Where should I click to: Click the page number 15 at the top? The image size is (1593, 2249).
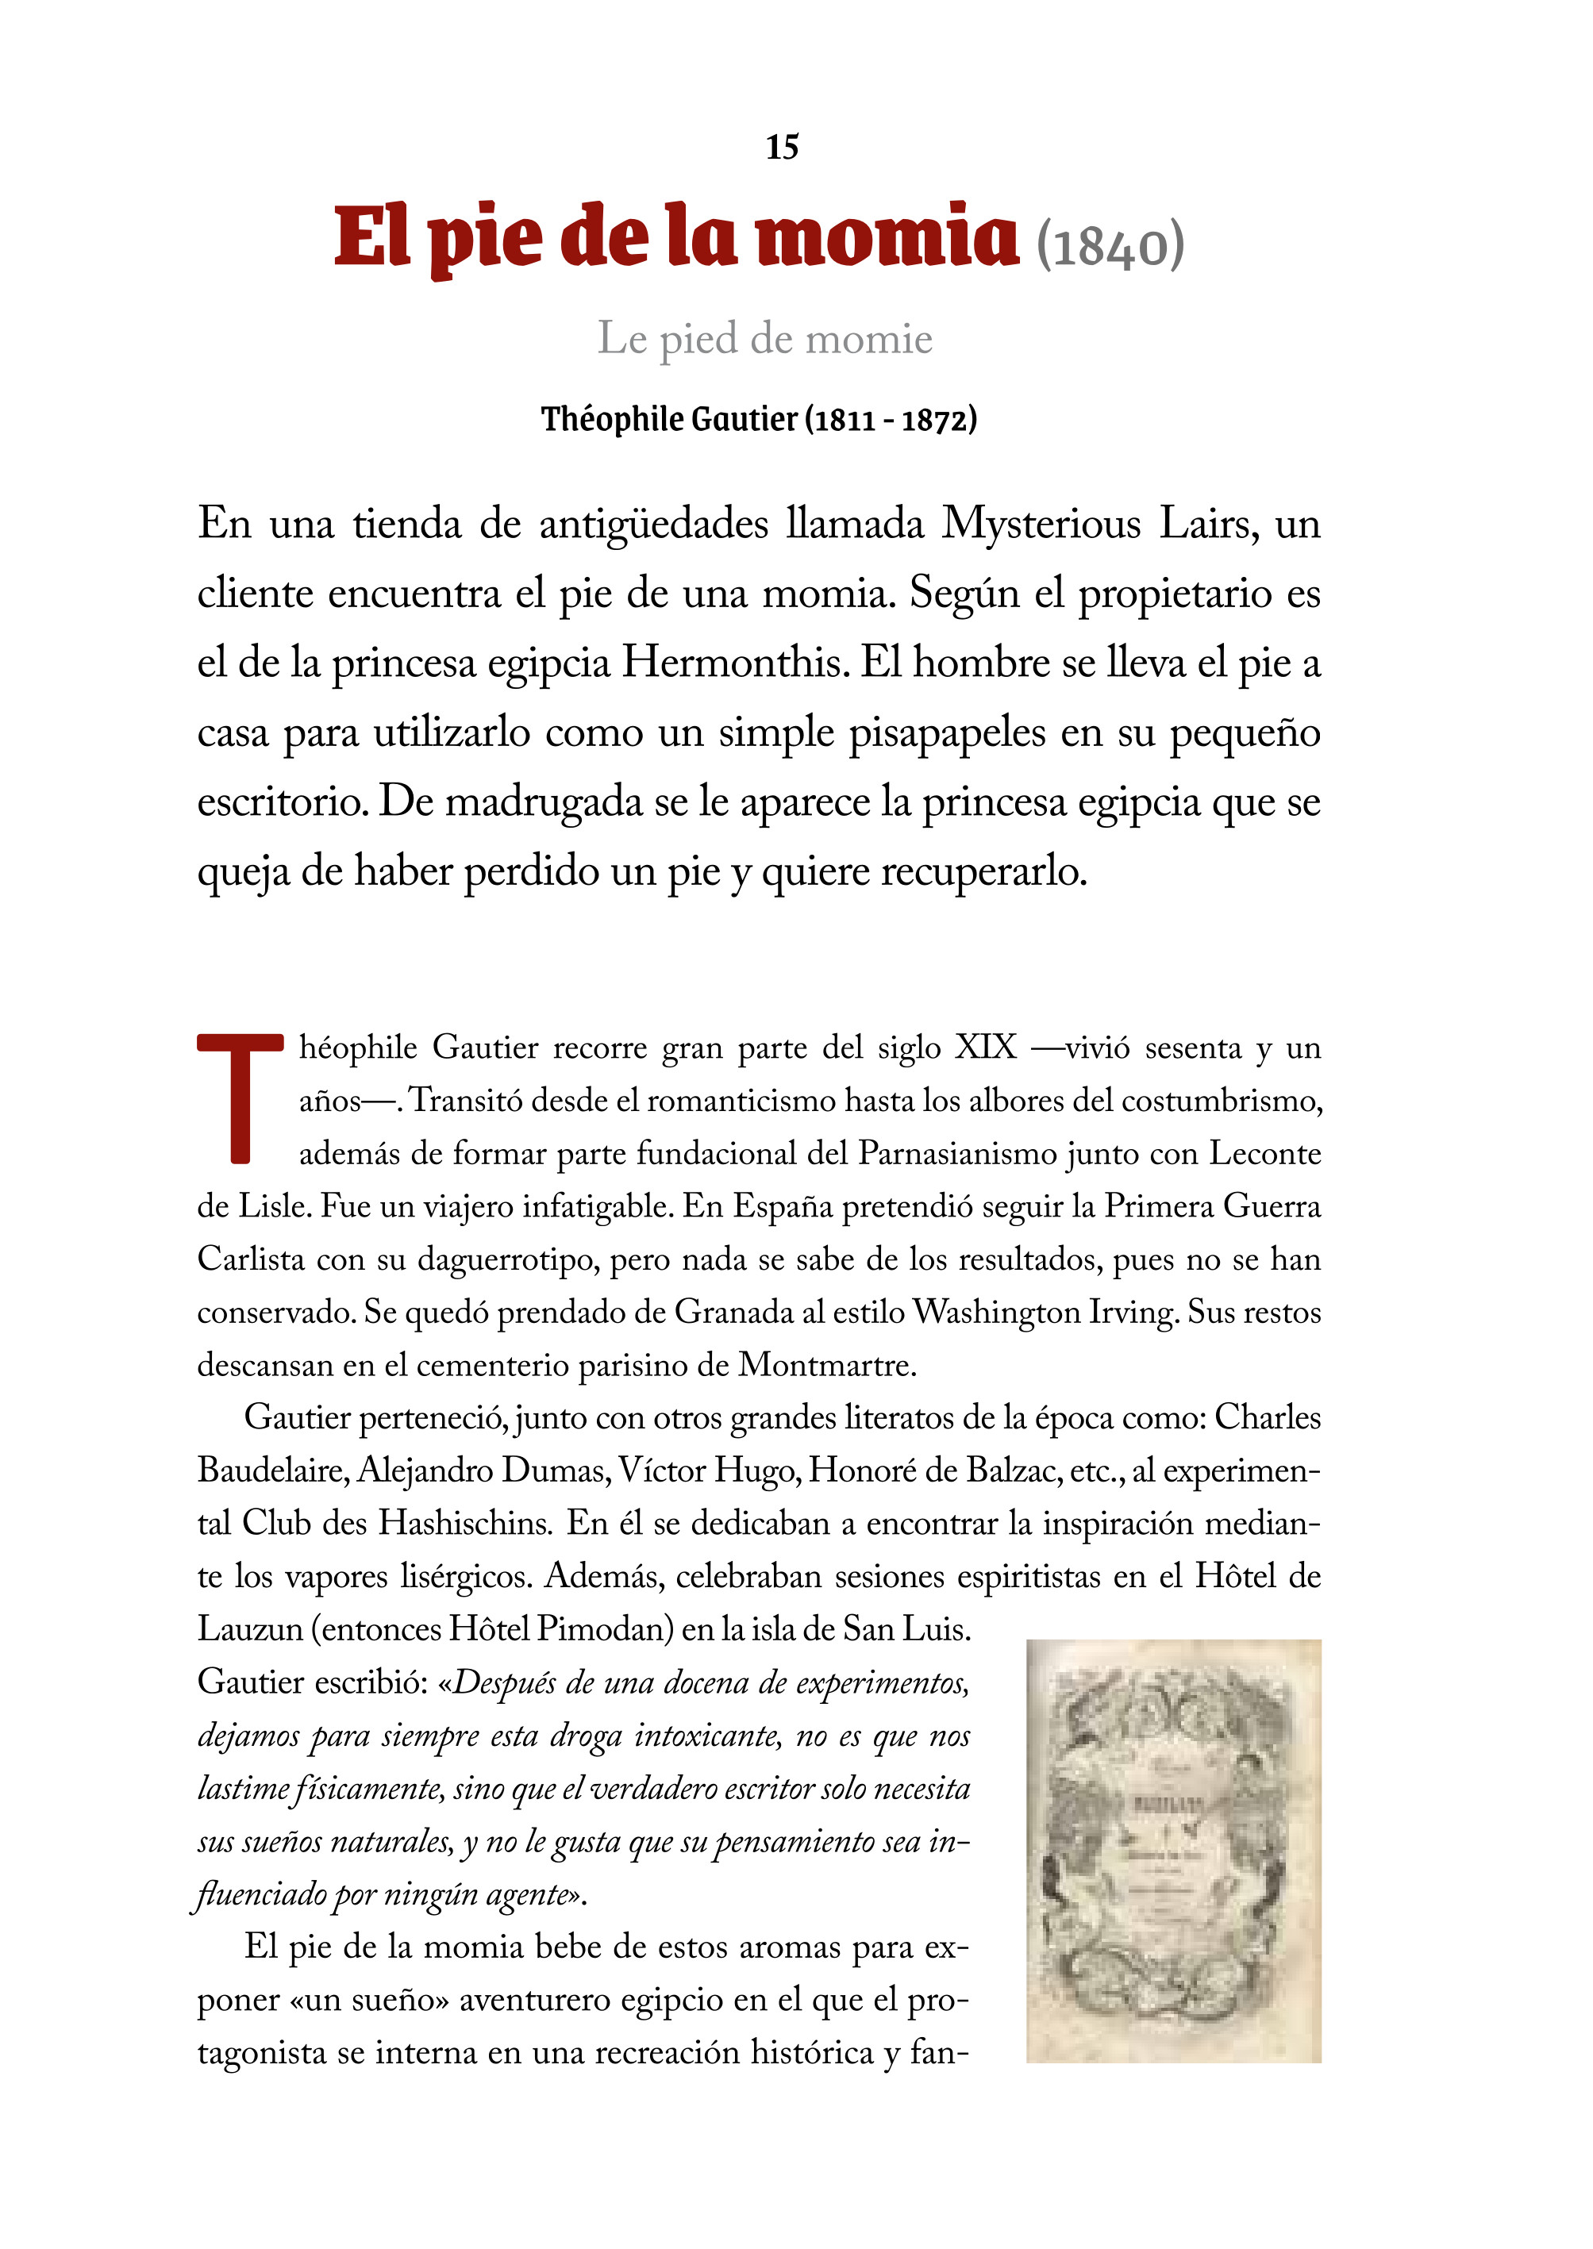782,147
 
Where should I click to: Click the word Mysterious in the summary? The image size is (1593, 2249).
1041,524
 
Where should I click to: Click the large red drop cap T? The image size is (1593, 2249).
240,1098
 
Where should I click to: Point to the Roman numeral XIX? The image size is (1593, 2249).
986,1048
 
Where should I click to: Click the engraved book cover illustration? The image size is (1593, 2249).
1173,1851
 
